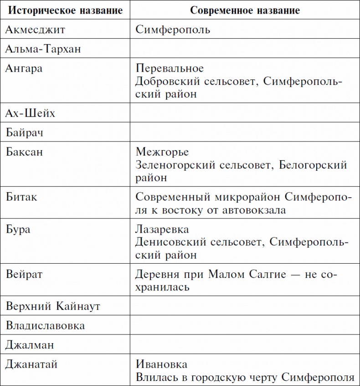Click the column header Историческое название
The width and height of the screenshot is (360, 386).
point(65,10)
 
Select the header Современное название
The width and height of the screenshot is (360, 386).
point(245,10)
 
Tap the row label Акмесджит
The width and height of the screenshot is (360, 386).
point(36,30)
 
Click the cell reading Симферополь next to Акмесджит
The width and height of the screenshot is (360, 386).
point(173,30)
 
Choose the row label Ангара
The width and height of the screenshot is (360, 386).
point(25,68)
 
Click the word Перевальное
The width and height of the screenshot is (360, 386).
point(170,68)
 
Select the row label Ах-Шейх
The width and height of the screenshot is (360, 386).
point(31,113)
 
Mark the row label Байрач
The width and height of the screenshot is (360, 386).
point(27,132)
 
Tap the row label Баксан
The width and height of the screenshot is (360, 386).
point(25,151)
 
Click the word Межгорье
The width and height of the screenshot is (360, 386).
point(162,151)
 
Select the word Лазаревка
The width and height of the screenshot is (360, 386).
point(162,229)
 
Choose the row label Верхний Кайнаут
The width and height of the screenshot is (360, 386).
point(53,306)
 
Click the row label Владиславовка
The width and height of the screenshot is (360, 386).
point(46,325)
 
